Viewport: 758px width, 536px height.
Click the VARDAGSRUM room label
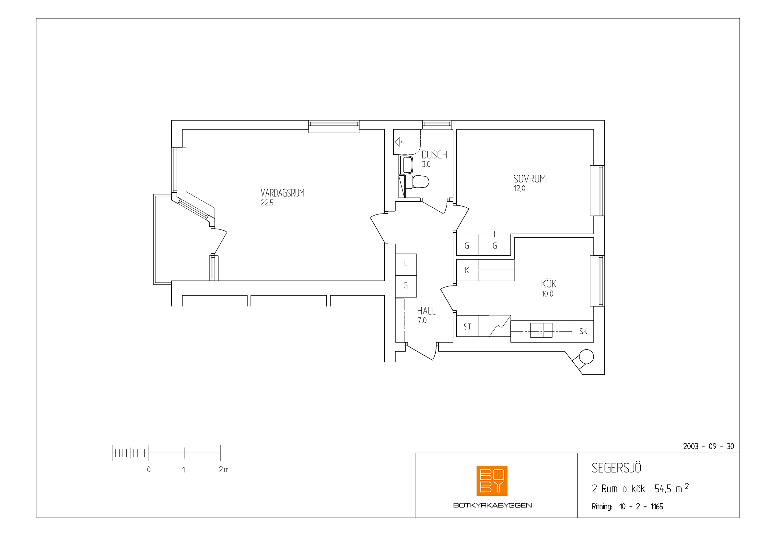pyautogui.click(x=282, y=193)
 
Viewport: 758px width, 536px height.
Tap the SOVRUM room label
pyautogui.click(x=529, y=179)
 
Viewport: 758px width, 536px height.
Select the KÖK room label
pyautogui.click(x=548, y=284)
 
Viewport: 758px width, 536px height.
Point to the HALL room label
pyautogui.click(x=426, y=311)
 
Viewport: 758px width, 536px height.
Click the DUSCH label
pyautogui.click(x=435, y=155)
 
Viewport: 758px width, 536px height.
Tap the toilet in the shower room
pyautogui.click(x=417, y=181)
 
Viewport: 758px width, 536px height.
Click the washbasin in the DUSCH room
pyautogui.click(x=406, y=165)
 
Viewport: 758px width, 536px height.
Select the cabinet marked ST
pyautogui.click(x=467, y=326)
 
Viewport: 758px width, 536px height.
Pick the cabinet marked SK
pyautogui.click(x=583, y=331)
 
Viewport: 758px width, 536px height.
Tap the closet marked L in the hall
pyautogui.click(x=406, y=264)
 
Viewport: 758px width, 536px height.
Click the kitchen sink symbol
pyautogui.click(x=541, y=330)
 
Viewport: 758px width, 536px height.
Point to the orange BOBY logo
pyautogui.click(x=492, y=481)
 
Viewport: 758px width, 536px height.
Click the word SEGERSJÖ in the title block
pyautogui.click(x=616, y=468)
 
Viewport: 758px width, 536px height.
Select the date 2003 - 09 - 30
pyautogui.click(x=708, y=446)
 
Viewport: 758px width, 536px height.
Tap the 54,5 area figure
pyautogui.click(x=663, y=489)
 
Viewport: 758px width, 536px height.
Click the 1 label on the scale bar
pyautogui.click(x=183, y=469)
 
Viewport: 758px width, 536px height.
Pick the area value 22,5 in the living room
pyautogui.click(x=267, y=203)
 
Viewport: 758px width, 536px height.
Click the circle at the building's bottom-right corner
pyautogui.click(x=587, y=356)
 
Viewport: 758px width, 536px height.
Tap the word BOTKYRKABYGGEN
pyautogui.click(x=492, y=505)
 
